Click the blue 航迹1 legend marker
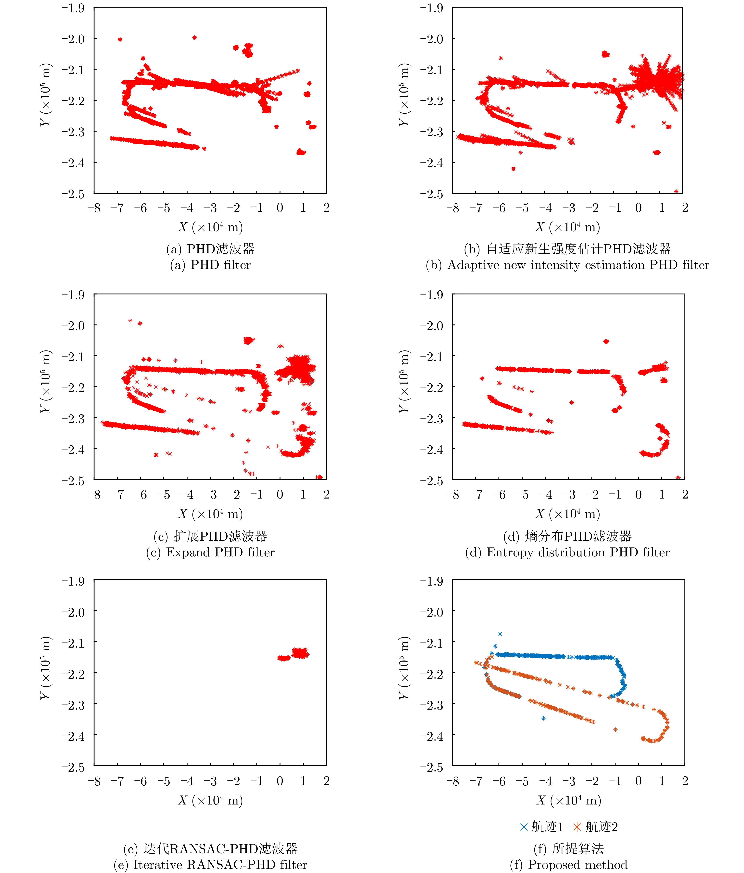(x=524, y=827)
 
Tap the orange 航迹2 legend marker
(x=577, y=827)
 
